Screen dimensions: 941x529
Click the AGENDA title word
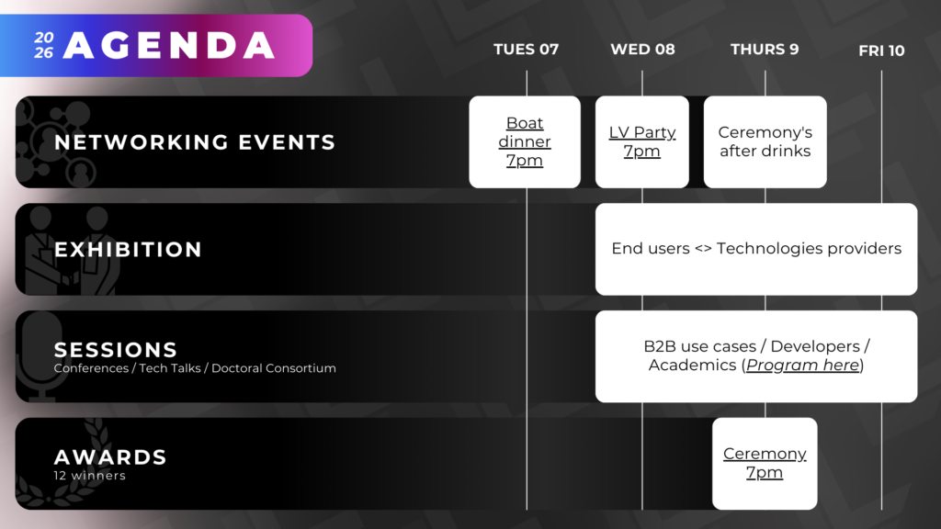169,46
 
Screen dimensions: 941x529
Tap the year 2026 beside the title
44,45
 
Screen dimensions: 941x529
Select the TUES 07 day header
526,50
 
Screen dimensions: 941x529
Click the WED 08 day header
642,50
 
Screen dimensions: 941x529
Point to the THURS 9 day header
765,50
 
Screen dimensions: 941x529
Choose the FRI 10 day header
881,51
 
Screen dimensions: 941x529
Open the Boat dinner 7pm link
525,141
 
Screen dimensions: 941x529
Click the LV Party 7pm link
642,141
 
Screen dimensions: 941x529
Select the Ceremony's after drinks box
765,142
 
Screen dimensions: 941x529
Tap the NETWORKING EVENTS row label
195,142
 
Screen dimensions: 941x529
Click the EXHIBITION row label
128,250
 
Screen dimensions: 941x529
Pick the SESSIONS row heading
115,350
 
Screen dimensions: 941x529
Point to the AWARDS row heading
110,457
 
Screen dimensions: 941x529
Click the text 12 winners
89,476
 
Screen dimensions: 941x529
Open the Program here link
802,366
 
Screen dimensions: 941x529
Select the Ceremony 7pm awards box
765,464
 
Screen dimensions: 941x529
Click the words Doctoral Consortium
274,368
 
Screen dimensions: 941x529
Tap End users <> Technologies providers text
756,248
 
